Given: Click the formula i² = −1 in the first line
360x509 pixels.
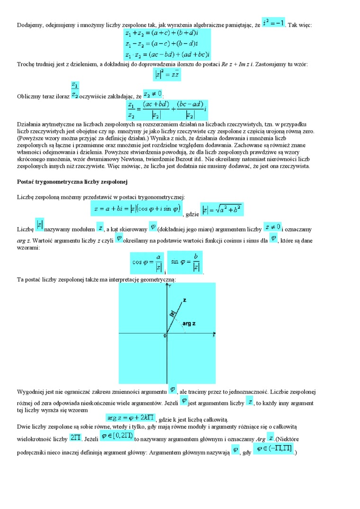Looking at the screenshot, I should point(274,22).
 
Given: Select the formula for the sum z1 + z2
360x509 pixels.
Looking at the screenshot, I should point(161,34).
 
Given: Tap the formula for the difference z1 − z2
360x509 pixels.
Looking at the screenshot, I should point(161,44).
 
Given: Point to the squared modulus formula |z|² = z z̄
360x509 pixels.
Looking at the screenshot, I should point(167,74).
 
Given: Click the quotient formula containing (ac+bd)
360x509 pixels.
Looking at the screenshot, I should point(167,109).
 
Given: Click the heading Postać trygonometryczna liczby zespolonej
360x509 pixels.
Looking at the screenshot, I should point(73,181).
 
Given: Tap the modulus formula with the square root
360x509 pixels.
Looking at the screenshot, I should point(222,209).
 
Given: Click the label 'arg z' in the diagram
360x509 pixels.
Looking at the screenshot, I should point(189,323).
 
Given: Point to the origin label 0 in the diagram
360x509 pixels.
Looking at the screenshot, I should point(165,336).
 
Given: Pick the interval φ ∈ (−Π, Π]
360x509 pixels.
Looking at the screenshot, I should point(273,448).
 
